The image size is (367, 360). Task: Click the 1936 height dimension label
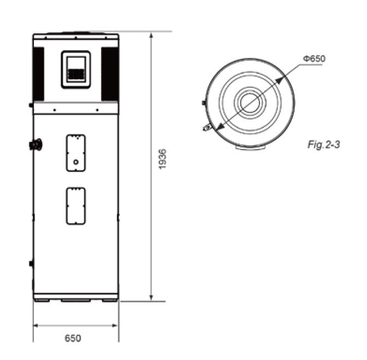[x=162, y=158]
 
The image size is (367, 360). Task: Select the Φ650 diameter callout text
[x=313, y=59]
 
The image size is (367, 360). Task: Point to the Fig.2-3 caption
[x=324, y=145]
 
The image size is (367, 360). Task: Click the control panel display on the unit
[x=75, y=69]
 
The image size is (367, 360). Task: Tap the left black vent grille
[x=39, y=74]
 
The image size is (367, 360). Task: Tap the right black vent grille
[x=110, y=74]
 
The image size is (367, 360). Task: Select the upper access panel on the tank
[x=76, y=153]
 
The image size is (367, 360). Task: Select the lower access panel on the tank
[x=76, y=205]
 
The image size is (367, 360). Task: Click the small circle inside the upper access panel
[x=76, y=162]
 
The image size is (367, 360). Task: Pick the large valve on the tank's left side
[x=36, y=144]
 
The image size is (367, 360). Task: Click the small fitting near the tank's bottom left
[x=31, y=263]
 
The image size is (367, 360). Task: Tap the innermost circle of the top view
[x=250, y=103]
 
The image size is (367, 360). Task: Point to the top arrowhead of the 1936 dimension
[x=151, y=34]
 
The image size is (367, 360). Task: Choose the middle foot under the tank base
[x=75, y=300]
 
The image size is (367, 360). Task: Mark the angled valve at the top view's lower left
[x=207, y=127]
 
